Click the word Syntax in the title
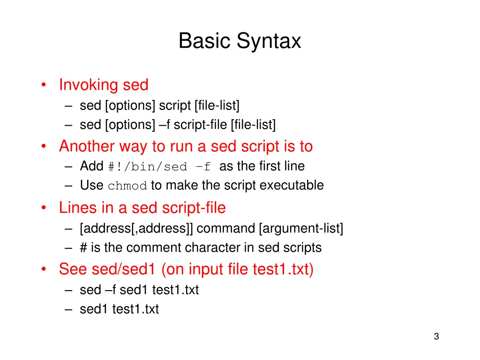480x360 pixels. point(269,41)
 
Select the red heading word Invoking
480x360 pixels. point(89,85)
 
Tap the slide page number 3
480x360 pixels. point(436,336)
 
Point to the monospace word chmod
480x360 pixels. point(127,186)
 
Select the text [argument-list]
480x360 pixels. point(300,229)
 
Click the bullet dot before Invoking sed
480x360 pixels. point(43,85)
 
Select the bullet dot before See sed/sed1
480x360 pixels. point(43,270)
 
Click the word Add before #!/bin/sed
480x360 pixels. point(92,166)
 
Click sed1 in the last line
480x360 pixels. point(94,309)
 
